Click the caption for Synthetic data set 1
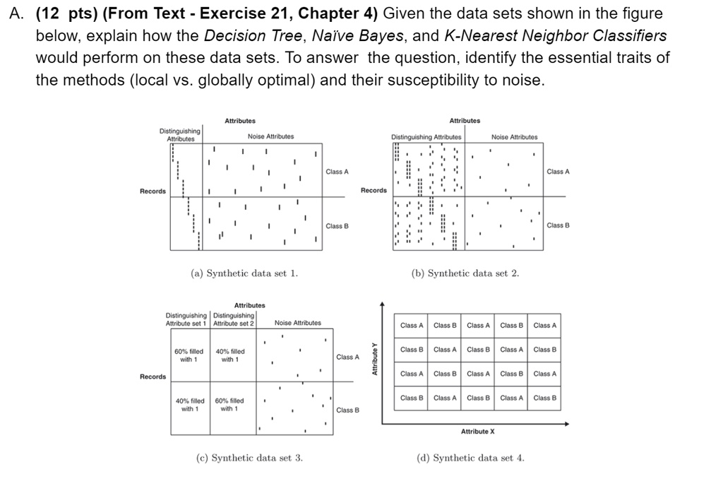(245, 273)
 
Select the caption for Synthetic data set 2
(465, 273)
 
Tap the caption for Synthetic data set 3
(249, 458)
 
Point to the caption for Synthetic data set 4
(471, 458)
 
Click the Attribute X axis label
(478, 431)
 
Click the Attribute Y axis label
(375, 359)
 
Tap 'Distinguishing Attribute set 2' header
(234, 319)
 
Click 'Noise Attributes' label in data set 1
(271, 136)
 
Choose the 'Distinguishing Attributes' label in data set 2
(426, 136)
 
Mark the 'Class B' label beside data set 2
(558, 225)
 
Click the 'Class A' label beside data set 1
(338, 172)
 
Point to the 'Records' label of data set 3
(153, 377)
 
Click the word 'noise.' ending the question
(524, 80)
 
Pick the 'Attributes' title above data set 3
(249, 304)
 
